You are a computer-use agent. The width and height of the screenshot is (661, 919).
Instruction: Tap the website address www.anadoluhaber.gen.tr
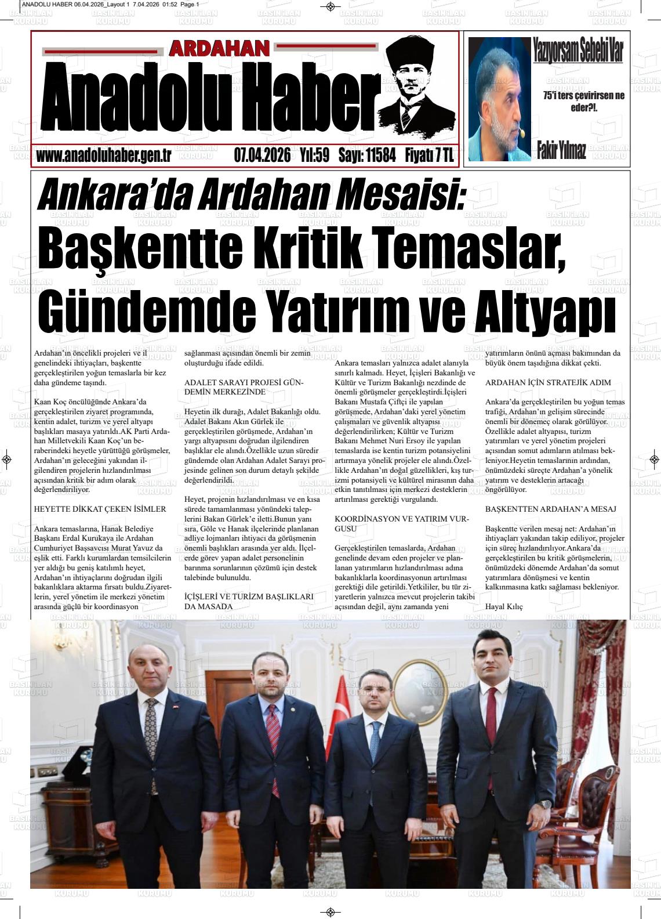103,155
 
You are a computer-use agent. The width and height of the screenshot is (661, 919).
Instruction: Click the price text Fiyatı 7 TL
429,155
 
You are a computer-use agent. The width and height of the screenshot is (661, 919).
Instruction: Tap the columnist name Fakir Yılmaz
561,151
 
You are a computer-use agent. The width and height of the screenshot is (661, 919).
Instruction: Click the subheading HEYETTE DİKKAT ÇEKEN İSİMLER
100,509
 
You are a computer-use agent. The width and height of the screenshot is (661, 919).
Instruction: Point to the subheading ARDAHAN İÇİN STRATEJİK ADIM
548,383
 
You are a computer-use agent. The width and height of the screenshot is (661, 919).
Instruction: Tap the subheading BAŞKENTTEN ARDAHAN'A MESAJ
550,509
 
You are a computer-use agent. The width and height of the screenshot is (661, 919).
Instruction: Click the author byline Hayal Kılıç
504,606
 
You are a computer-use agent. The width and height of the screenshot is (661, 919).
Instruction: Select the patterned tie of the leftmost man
152,743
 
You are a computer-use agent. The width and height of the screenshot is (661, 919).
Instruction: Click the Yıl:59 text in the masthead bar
315,155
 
